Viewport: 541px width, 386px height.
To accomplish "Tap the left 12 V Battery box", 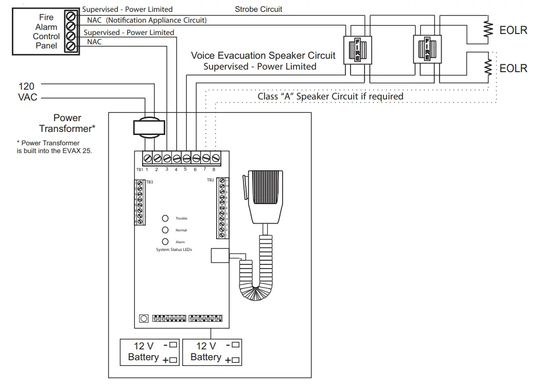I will point(150,353).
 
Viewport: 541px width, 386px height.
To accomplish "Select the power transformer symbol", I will point(150,127).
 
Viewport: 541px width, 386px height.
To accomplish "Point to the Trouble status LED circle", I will point(165,219).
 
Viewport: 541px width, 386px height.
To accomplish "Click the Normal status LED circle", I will point(165,230).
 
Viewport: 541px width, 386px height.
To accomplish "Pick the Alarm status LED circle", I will point(165,242).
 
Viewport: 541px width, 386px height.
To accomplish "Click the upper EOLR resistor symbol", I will point(487,30).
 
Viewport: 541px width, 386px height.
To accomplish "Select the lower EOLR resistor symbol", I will point(487,68).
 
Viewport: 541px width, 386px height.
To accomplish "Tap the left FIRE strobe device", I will point(357,50).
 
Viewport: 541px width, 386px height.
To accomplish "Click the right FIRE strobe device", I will point(427,50).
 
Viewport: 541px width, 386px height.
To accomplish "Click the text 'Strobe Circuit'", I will point(258,9).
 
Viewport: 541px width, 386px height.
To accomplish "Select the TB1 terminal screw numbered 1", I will point(147,158).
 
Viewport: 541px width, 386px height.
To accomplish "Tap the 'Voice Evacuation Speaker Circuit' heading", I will point(263,56).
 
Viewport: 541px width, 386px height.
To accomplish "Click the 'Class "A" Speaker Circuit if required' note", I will point(330,96).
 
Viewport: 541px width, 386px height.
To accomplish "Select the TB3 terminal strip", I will point(139,202).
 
